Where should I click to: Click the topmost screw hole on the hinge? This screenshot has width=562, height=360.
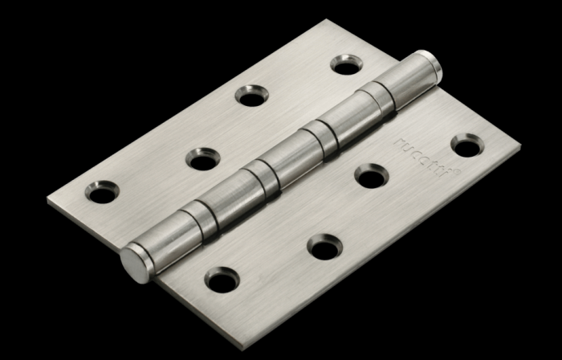(346, 64)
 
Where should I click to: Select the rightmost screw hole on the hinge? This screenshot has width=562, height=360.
(467, 145)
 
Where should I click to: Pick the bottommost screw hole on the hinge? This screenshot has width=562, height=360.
(222, 279)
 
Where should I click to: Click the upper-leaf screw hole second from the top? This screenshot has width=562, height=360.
(251, 95)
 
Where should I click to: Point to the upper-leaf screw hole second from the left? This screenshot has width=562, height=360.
(203, 157)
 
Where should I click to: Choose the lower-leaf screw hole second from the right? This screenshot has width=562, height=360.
(370, 175)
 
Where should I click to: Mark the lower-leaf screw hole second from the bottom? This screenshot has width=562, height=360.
(323, 247)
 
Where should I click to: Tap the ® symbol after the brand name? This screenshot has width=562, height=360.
(455, 171)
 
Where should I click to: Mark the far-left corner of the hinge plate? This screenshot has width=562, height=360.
(48, 197)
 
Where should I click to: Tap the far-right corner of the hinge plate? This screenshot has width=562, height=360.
(519, 149)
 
